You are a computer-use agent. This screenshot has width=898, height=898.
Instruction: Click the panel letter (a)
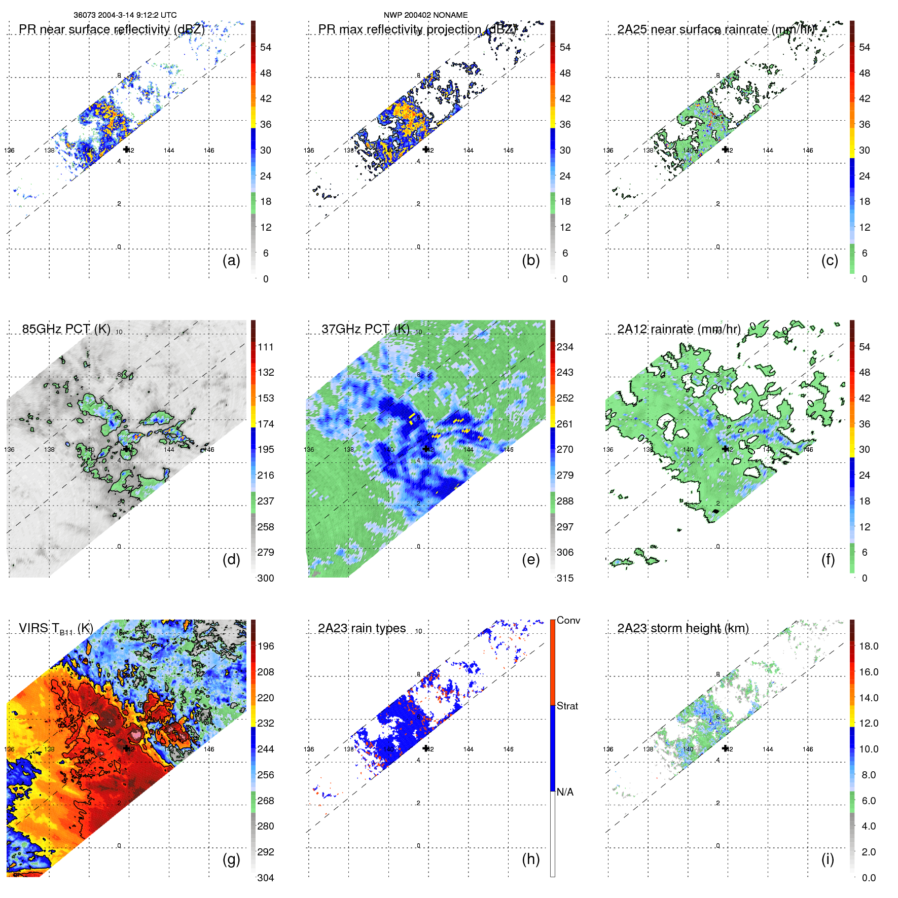tap(231, 261)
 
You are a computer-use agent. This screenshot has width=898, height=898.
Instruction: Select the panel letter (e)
tap(530, 560)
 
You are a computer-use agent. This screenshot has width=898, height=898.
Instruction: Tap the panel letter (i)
tap(828, 859)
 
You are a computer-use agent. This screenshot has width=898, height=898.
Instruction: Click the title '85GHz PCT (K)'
tap(66, 329)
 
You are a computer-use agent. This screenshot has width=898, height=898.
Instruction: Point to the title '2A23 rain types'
tap(362, 628)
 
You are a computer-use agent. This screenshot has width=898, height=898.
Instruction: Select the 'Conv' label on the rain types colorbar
tap(568, 620)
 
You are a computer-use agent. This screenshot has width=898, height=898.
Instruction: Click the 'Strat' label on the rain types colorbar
tap(567, 706)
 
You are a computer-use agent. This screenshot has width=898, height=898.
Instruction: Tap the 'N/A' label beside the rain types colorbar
tap(565, 792)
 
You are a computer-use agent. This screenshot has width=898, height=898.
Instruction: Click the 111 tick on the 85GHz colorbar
tap(266, 347)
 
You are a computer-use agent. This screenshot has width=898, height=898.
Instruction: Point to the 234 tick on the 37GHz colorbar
tap(565, 347)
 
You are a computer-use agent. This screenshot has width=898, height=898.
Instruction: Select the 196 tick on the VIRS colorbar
tap(266, 646)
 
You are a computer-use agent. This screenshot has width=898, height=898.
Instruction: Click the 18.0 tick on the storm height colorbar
tap(868, 646)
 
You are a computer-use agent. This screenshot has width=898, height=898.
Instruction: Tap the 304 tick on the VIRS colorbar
tap(266, 878)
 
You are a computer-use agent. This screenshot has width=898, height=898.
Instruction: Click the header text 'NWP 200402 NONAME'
tap(425, 15)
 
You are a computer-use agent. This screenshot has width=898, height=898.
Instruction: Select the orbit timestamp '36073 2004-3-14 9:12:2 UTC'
tap(125, 15)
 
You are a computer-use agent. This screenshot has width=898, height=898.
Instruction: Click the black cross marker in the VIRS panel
tap(126, 748)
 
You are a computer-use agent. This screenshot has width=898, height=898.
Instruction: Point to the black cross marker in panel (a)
tap(126, 149)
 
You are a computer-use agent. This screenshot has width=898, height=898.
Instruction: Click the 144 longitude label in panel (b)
tap(468, 151)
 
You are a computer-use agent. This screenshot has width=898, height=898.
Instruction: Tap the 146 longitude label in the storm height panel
tap(807, 749)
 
